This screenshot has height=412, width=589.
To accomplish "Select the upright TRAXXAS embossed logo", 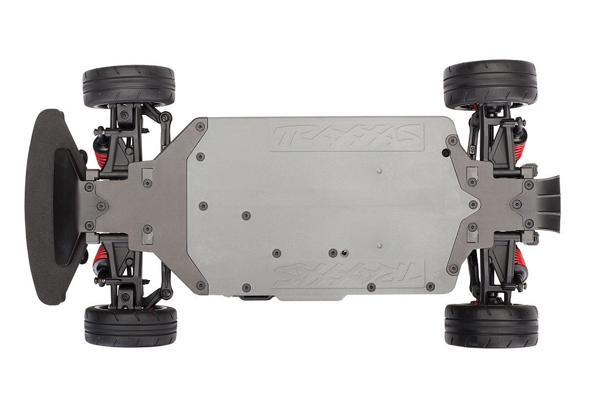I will pos(347,137).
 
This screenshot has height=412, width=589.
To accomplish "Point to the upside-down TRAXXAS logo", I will pos(347,274).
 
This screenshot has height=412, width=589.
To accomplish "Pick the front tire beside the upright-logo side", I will pos(129,86).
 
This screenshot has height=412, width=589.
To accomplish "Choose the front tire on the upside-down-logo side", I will pos(130,325).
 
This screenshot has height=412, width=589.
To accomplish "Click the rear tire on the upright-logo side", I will pos(490,84).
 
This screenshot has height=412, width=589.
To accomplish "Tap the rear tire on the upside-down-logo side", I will pos(491,325).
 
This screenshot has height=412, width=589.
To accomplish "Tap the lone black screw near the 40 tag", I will pos(446,153).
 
